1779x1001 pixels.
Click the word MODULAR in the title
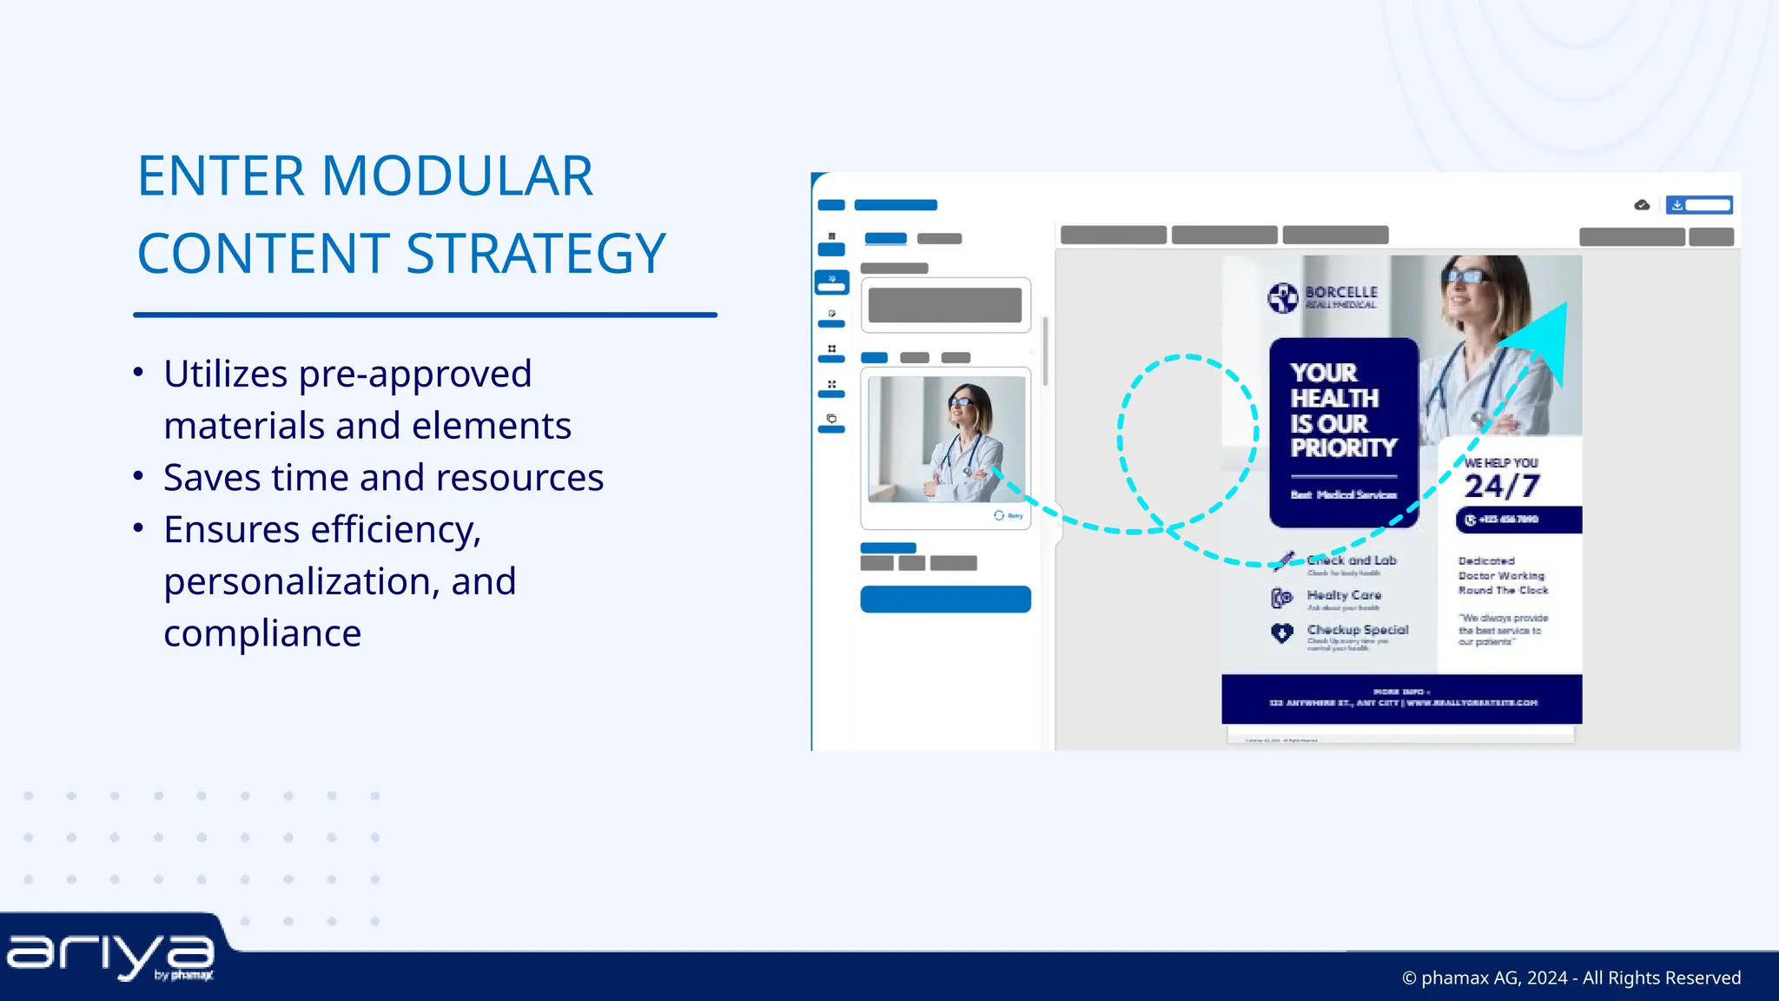click(457, 176)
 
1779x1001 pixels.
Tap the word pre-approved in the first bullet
click(414, 375)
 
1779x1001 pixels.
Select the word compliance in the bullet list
click(262, 633)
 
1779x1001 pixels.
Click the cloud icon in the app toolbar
click(1642, 205)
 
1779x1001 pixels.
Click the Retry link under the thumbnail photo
click(1009, 515)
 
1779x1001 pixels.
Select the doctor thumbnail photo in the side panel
click(946, 439)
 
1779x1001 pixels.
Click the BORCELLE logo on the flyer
click(1323, 297)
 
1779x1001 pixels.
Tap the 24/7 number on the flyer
click(1502, 487)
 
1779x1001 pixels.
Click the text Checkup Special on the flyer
click(1357, 630)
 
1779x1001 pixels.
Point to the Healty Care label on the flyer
click(1344, 595)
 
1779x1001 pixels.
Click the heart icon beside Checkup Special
click(1282, 633)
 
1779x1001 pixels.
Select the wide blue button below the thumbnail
click(945, 599)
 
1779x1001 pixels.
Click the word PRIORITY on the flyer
click(1343, 448)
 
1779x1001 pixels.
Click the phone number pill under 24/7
click(1518, 520)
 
